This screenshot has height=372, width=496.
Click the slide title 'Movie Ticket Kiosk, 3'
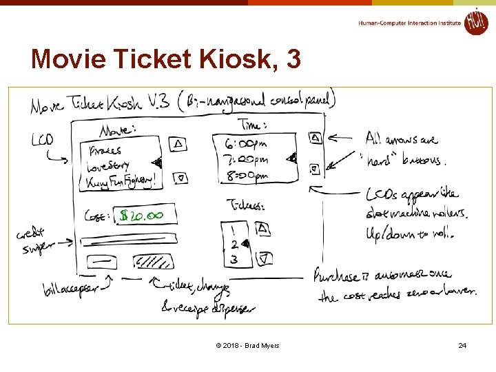coord(166,59)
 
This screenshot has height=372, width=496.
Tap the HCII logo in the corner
coord(475,21)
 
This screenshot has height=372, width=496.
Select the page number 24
coord(462,344)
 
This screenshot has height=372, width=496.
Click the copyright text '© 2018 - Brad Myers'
coord(247,345)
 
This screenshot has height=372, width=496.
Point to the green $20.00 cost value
coord(141,216)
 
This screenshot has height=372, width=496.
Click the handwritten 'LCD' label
coord(42,141)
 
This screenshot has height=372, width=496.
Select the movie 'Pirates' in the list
coord(104,149)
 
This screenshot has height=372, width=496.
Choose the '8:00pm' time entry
coord(246,176)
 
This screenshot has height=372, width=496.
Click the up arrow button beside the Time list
coord(315,138)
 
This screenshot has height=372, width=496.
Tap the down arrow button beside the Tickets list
coord(264,259)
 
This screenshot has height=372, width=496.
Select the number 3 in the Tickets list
coord(234,260)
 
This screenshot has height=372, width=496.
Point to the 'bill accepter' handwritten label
coord(70,286)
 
